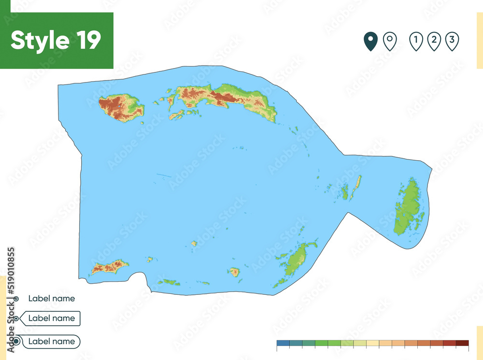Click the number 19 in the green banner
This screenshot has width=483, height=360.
pos(87,41)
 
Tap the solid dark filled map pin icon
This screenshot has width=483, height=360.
pos(370,42)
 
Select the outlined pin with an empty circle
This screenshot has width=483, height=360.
pos(390,42)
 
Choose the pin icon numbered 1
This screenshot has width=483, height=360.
pos(416,42)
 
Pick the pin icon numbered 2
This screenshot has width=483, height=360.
pos(434,42)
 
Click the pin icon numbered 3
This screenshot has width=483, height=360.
pos(452,42)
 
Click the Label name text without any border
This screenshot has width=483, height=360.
pos(51,298)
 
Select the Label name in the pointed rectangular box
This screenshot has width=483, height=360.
pos(52,318)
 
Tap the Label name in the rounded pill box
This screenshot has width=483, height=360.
pos(52,341)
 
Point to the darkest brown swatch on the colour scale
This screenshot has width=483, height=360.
pos(462,343)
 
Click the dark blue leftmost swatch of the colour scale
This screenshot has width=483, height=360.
pos(283,343)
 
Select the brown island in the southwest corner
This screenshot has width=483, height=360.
pos(110,266)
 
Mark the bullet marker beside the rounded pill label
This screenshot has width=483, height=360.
pos(16,341)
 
